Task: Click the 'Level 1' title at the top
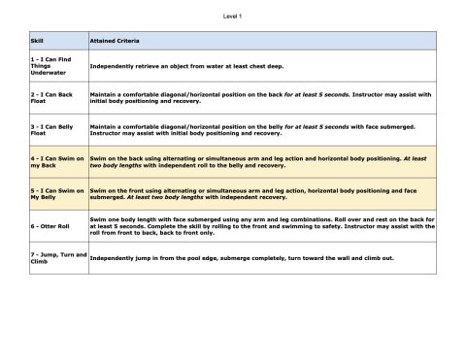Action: [x=233, y=16]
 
